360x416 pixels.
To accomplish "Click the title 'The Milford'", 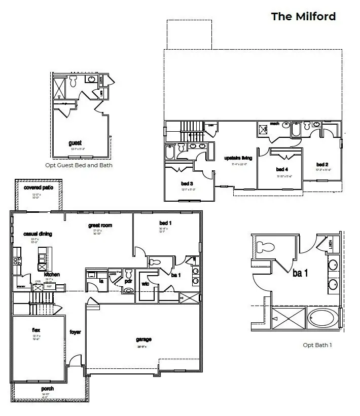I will pyautogui.click(x=303, y=16).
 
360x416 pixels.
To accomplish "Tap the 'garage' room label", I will pyautogui.click(x=143, y=339).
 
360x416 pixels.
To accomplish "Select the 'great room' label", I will pyautogui.click(x=99, y=225).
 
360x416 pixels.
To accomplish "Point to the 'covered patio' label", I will pyautogui.click(x=39, y=187).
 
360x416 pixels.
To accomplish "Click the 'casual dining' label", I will pyautogui.click(x=38, y=234).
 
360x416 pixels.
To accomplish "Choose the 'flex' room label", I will pyautogui.click(x=37, y=329).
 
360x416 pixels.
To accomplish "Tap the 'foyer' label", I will pyautogui.click(x=76, y=332).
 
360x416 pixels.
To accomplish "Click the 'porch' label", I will pyautogui.click(x=48, y=389).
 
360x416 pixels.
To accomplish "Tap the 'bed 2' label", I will pyautogui.click(x=322, y=165).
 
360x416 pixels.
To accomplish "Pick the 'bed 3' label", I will pyautogui.click(x=187, y=183).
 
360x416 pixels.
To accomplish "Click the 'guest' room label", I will pyautogui.click(x=75, y=143).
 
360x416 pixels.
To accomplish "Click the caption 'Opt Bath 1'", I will pyautogui.click(x=317, y=345).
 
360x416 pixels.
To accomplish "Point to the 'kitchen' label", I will pyautogui.click(x=52, y=275).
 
